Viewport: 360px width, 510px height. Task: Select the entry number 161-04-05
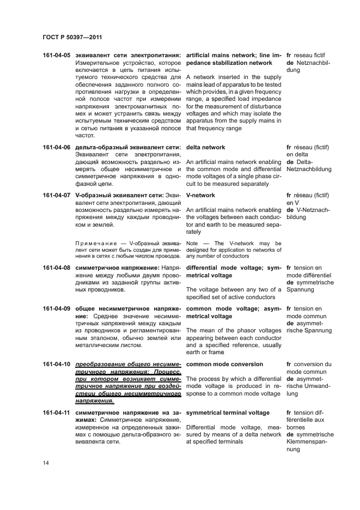click(x=56, y=56)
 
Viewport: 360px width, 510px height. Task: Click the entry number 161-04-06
click(x=56, y=148)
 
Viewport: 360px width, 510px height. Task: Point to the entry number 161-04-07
click(x=56, y=195)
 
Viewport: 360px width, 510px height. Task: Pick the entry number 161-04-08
click(x=56, y=268)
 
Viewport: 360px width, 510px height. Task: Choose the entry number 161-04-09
click(x=56, y=309)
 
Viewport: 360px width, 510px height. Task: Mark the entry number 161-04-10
click(x=56, y=364)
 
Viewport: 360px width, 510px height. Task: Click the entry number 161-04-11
click(x=56, y=413)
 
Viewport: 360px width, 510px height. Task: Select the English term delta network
click(x=205, y=148)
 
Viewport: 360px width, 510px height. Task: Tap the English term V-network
click(x=201, y=195)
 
